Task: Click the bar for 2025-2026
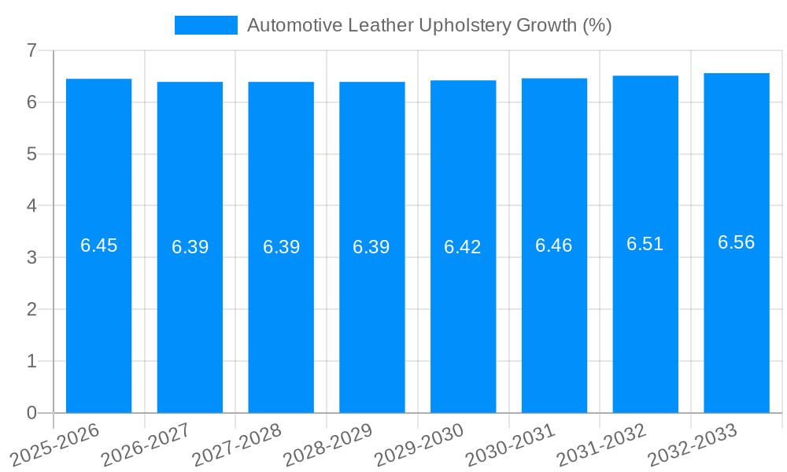click(x=98, y=315)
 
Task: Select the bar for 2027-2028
click(x=281, y=315)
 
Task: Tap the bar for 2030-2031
click(x=554, y=315)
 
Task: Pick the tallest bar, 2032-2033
click(x=737, y=315)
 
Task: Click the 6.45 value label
click(x=98, y=245)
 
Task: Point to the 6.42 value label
click(x=463, y=247)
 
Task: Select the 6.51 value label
click(x=645, y=244)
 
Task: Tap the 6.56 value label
click(x=737, y=242)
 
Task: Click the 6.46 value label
click(x=554, y=245)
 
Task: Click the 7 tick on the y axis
click(x=31, y=50)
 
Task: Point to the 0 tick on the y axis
click(x=31, y=413)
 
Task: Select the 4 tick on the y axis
click(x=31, y=206)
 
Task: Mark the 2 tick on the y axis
click(x=31, y=310)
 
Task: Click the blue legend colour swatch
click(x=205, y=25)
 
